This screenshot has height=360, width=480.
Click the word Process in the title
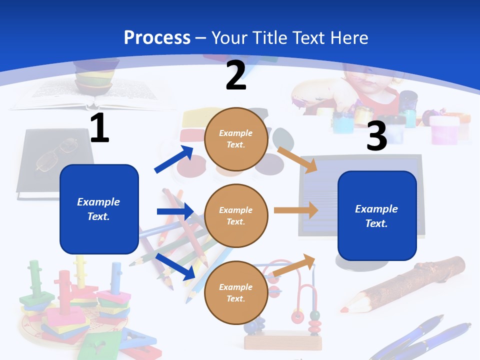pyautogui.click(x=157, y=37)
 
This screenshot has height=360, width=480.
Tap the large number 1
pyautogui.click(x=99, y=128)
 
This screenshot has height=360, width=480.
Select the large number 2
pyautogui.click(x=236, y=75)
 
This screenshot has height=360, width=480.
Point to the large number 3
pyautogui.click(x=377, y=136)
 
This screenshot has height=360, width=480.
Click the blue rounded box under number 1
pyautogui.click(x=99, y=209)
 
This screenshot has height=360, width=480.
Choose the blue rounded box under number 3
pyautogui.click(x=377, y=215)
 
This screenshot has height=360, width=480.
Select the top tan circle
pyautogui.click(x=236, y=138)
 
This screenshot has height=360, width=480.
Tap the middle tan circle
pyautogui.click(x=236, y=215)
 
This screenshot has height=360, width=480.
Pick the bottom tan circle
pyautogui.click(x=236, y=292)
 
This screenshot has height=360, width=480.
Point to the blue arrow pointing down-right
pyautogui.click(x=175, y=266)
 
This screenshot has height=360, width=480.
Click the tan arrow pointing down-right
pyautogui.click(x=297, y=159)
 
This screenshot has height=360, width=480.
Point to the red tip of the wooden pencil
pyautogui.click(x=344, y=309)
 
